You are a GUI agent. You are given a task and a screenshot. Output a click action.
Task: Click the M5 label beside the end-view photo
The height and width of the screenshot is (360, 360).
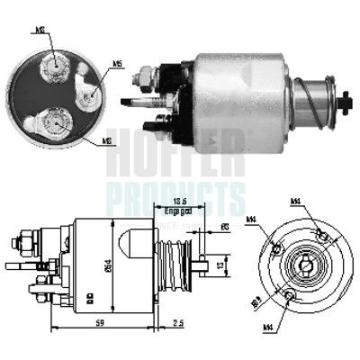(118, 64)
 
